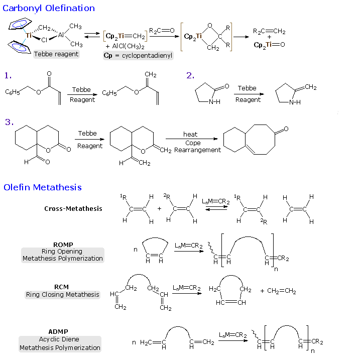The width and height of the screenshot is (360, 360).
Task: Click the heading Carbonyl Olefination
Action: point(49,8)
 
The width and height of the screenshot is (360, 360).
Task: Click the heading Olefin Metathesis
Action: point(43,187)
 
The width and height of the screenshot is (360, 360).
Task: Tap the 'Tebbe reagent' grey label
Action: point(56,54)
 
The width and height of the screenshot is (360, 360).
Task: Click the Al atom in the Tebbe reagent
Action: point(61,35)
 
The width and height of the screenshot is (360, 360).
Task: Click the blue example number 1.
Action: point(8,75)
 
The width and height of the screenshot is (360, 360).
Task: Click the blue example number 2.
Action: point(190,75)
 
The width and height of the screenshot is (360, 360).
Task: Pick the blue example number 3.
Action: point(9,122)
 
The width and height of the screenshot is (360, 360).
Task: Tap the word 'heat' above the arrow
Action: point(190,134)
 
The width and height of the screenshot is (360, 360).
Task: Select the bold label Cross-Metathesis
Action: point(73,208)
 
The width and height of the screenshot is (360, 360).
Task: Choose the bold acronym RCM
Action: point(62,287)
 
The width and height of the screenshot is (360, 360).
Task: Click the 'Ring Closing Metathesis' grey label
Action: point(62,295)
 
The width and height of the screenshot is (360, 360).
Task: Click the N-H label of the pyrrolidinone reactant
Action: point(214,102)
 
